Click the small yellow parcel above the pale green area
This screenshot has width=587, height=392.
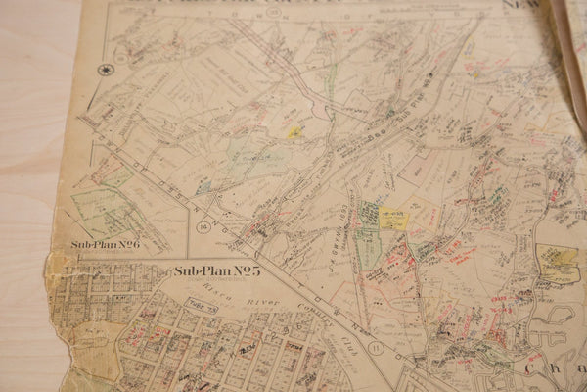click(x=293, y=131)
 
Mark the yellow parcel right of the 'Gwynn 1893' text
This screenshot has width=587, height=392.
click(x=394, y=220)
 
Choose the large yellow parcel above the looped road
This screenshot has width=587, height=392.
click(x=557, y=260)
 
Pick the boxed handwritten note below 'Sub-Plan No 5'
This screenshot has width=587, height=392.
click(x=202, y=306)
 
